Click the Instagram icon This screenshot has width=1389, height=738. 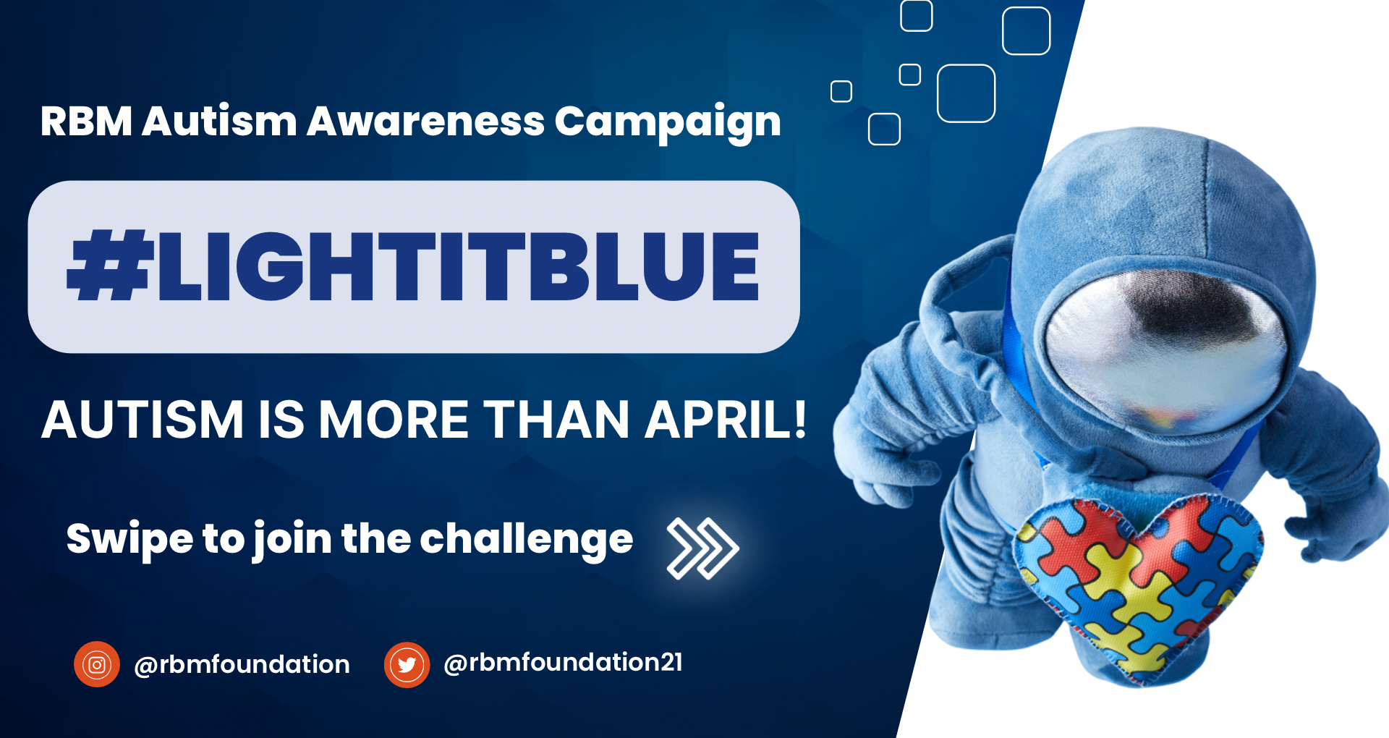coord(97,664)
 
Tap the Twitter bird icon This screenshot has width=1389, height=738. coord(407,664)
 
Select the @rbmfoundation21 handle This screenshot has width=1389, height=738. coord(563,663)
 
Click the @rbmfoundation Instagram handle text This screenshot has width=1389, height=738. coord(242,665)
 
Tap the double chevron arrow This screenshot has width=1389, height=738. coord(702,548)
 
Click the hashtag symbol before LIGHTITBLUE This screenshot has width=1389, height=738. coord(110,265)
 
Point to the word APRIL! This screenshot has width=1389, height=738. coord(726,420)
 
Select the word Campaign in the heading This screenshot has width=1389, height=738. coord(668,123)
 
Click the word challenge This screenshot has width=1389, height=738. coord(527,539)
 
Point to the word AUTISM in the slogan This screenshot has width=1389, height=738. coord(143,420)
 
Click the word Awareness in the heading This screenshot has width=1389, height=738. coord(425,122)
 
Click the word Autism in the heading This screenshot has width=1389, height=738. coord(219,121)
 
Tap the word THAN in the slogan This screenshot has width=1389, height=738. coord(557,420)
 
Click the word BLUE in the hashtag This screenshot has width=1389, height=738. coord(644,266)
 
